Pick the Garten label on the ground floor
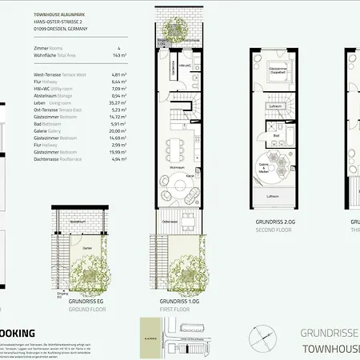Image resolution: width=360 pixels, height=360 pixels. (x=86, y=248)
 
